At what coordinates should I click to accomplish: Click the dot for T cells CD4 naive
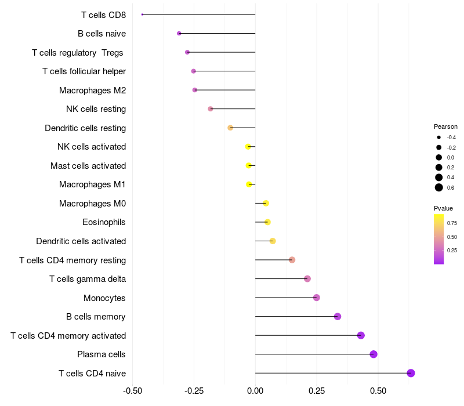[x=411, y=373]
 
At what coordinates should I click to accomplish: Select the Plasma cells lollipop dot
[x=374, y=354]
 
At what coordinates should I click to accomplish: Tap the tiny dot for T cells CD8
[x=142, y=14]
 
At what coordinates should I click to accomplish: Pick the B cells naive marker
[x=179, y=34]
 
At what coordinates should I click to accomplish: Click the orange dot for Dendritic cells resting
[x=230, y=128]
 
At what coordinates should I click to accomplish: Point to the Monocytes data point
[x=316, y=298]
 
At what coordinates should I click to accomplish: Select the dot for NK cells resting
[x=211, y=109]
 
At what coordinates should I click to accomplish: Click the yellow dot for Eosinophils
[x=267, y=222]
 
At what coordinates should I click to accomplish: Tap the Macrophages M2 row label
[x=92, y=90]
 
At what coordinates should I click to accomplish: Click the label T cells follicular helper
[x=84, y=71]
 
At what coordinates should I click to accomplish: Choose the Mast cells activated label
[x=88, y=166]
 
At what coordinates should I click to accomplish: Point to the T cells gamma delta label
[x=88, y=279]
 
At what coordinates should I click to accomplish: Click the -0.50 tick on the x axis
[x=133, y=391]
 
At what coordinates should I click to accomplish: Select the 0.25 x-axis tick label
[x=317, y=391]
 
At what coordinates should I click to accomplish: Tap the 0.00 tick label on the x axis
[x=255, y=391]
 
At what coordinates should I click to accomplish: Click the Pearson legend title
[x=445, y=126]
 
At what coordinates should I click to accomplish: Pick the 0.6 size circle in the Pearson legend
[x=439, y=187]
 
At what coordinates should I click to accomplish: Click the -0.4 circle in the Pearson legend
[x=439, y=137]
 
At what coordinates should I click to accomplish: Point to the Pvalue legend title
[x=443, y=208]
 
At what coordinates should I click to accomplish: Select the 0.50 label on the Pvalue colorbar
[x=452, y=237]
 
